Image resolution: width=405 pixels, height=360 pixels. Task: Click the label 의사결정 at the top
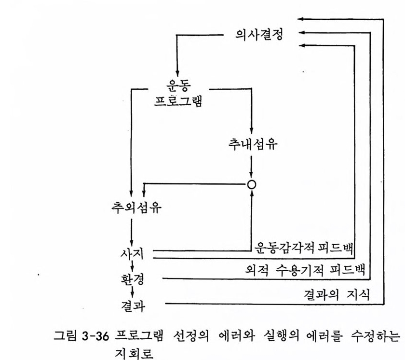(x=259, y=34)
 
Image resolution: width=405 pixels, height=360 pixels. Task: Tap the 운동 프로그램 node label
(x=178, y=93)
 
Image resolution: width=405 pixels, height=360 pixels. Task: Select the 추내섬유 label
(x=253, y=144)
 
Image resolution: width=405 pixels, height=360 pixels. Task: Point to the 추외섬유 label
(x=136, y=207)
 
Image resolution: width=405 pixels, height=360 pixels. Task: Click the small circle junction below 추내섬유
(x=252, y=184)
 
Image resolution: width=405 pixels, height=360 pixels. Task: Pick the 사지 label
(x=132, y=253)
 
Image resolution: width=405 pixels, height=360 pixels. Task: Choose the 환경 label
(x=132, y=279)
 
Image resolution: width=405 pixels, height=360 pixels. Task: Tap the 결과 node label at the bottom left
(x=133, y=306)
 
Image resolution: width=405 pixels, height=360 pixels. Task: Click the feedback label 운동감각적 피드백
(x=304, y=248)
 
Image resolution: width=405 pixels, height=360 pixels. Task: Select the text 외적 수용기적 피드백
(x=305, y=270)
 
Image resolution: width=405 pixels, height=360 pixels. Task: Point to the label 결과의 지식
(x=337, y=294)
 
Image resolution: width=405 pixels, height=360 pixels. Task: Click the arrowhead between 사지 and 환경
(x=132, y=268)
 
